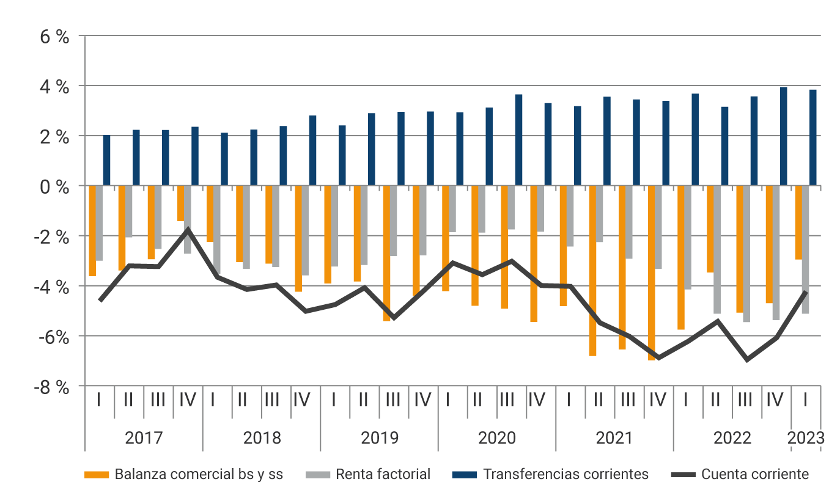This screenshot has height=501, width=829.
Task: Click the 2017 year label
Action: coord(144,438)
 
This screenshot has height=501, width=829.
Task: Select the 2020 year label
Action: coord(497,438)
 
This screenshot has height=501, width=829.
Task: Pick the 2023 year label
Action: coord(806,438)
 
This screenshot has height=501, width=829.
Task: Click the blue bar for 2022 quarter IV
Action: coord(783,136)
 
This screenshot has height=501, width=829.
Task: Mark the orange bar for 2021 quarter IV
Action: coord(652,272)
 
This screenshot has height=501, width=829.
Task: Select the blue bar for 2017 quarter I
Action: coord(106,160)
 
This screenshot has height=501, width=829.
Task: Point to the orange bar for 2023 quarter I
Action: coord(798,222)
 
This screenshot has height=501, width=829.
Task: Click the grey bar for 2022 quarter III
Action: coord(746,254)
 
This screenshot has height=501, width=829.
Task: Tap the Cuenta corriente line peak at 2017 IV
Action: coord(188,230)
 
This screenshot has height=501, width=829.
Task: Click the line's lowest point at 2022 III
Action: coord(747,359)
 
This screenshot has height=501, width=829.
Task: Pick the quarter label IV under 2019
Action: coord(423,400)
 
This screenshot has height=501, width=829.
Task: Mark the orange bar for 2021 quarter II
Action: coord(592,270)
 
